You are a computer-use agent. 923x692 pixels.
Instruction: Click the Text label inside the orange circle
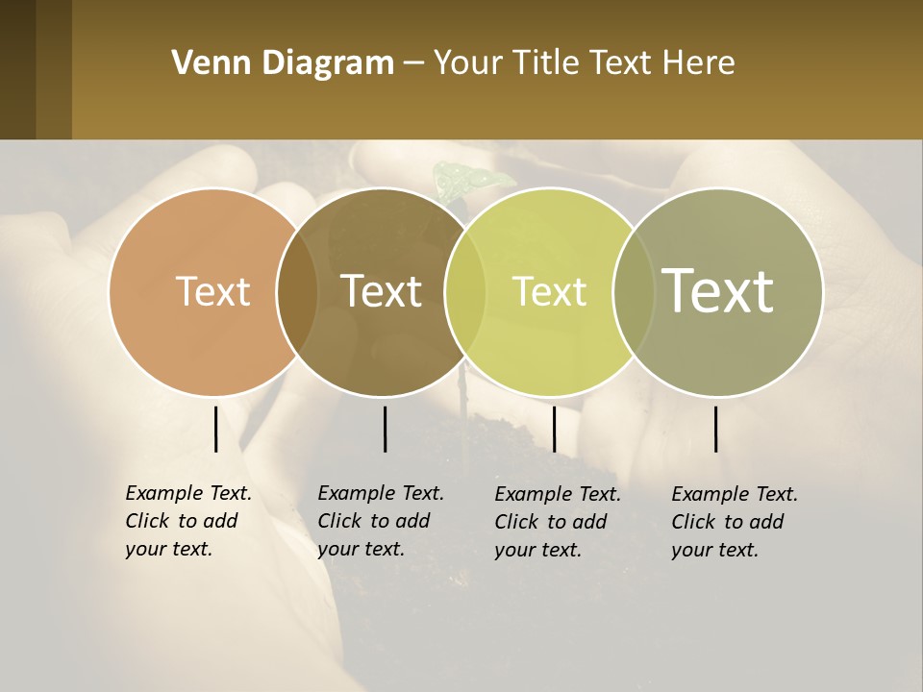click(213, 291)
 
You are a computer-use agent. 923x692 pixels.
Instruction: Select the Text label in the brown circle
click(382, 291)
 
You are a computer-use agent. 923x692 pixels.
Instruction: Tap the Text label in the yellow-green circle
click(549, 291)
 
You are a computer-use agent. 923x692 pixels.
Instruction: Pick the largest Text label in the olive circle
click(718, 291)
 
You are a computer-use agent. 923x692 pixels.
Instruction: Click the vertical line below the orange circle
click(215, 429)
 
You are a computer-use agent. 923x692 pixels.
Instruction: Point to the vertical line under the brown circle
click(385, 429)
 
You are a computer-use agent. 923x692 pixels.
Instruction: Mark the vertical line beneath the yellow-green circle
click(554, 429)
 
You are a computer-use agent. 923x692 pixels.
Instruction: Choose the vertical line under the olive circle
click(715, 429)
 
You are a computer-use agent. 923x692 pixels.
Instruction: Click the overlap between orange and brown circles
click(297, 291)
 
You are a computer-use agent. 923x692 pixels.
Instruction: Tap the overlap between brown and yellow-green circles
click(465, 291)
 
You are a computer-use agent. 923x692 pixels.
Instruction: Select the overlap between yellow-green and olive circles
click(634, 291)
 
